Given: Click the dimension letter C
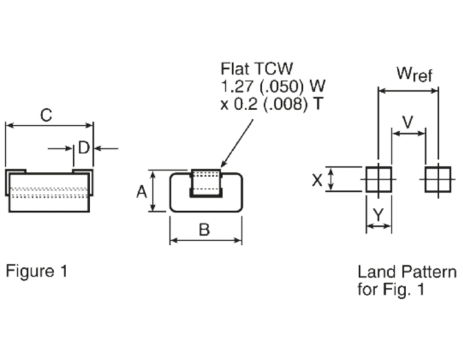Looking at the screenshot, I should (x=46, y=114).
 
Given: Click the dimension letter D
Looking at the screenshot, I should (x=83, y=148).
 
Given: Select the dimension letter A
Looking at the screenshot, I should (x=141, y=192).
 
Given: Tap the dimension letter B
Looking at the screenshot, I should (x=204, y=230).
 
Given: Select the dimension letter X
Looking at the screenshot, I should (x=317, y=179).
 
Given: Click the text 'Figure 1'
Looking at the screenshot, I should (x=36, y=271).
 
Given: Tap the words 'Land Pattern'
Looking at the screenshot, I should (x=407, y=271).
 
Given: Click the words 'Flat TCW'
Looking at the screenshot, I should (x=257, y=69).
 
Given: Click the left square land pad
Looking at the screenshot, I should (x=379, y=179).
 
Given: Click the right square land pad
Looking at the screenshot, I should (x=437, y=179).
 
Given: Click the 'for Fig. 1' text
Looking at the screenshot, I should (x=392, y=289).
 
